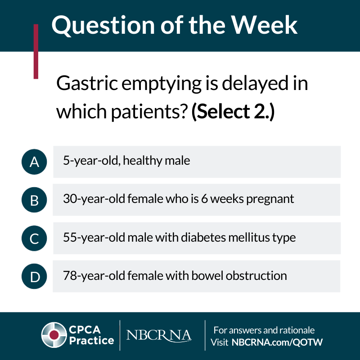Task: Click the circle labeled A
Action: pyautogui.click(x=34, y=162)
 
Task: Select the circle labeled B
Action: pyautogui.click(x=34, y=200)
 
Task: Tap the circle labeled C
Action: pyautogui.click(x=34, y=238)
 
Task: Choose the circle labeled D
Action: pyautogui.click(x=34, y=276)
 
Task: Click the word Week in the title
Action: pyautogui.click(x=264, y=25)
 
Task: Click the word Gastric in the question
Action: pyautogui.click(x=87, y=83)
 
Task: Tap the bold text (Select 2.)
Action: pyautogui.click(x=233, y=112)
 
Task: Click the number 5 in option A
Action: pyautogui.click(x=66, y=160)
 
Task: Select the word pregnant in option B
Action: pyautogui.click(x=270, y=199)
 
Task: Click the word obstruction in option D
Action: pyautogui.click(x=256, y=275)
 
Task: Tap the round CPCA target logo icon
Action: pyautogui.click(x=54, y=335)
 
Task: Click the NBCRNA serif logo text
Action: pyautogui.click(x=159, y=335)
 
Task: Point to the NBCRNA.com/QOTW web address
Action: pyautogui.click(x=277, y=342)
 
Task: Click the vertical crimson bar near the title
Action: pyautogui.click(x=36, y=51)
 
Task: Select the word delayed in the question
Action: pyautogui.click(x=255, y=84)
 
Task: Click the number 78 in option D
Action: pyautogui.click(x=68, y=275)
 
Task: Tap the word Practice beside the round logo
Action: pyautogui.click(x=92, y=341)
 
